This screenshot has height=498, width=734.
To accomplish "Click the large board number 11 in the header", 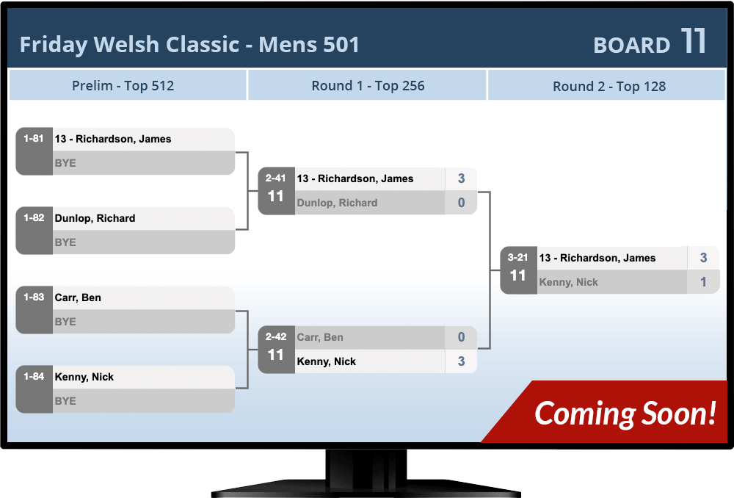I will click(693, 42).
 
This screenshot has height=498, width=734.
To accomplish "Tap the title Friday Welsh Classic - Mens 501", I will click(189, 45).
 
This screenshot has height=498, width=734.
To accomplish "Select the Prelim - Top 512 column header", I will click(123, 86).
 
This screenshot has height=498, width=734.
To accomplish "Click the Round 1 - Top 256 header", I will click(368, 86).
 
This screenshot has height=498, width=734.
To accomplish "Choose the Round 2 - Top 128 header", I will click(608, 87).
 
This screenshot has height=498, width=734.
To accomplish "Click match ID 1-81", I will click(34, 139).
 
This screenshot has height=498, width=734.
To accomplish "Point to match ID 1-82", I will click(34, 218).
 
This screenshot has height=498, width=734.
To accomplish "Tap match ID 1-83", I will click(34, 297).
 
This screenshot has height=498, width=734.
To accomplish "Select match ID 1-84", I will click(34, 377).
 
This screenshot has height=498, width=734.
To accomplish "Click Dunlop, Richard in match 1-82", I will click(95, 218).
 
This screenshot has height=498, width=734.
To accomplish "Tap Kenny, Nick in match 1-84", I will click(84, 377).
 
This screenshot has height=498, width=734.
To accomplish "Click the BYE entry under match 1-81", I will click(65, 163).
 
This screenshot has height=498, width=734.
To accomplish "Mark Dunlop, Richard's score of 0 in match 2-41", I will click(461, 203).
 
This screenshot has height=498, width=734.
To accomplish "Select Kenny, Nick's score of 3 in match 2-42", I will click(461, 361).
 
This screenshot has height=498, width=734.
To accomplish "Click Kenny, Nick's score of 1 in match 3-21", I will click(703, 282).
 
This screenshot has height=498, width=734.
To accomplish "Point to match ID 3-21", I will click(518, 258).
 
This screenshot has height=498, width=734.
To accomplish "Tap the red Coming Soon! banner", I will click(624, 414).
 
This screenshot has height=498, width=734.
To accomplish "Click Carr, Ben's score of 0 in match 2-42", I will click(461, 337).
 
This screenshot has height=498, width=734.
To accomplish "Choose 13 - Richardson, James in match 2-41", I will click(355, 178).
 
